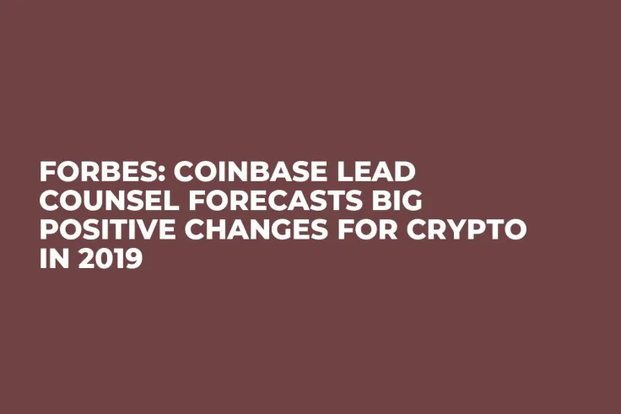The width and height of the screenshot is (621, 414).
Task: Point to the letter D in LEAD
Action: (x=406, y=173)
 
